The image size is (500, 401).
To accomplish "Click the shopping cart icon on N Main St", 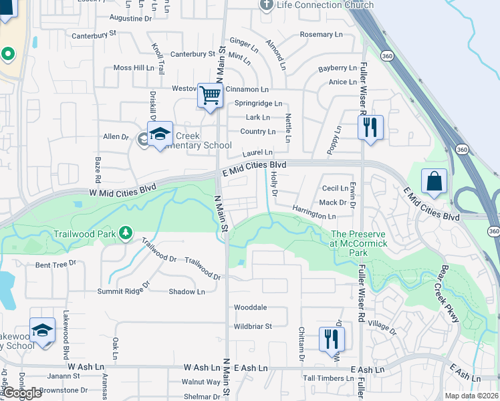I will coord(210,96).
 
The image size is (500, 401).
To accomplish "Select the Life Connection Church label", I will coord(316,5).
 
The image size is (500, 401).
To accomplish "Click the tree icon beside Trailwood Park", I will coord(124,233).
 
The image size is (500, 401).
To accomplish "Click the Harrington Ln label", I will coord(314,216).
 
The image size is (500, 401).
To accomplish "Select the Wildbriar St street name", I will coord(253,326).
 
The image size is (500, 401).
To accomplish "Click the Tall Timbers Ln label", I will coord(328,378).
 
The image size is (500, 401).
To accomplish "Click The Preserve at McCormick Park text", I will coord(358,243).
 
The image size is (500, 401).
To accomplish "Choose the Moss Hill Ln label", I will coord(134,68).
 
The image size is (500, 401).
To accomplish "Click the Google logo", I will coord(22,393).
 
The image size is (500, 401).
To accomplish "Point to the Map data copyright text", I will coord(472,396).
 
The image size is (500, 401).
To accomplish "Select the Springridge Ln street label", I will coord(258,104).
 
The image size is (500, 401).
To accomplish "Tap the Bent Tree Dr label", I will coord(55,265).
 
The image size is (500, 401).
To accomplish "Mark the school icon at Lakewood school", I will coord(42,331).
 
